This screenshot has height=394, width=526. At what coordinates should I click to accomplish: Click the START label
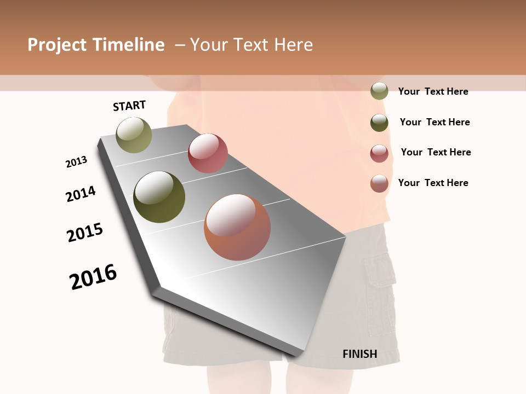pos(129,106)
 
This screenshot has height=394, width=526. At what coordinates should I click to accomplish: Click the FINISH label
pos(360,354)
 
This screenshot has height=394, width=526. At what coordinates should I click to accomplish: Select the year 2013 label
pos(77,162)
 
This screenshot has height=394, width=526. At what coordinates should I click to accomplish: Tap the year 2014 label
pos(81,194)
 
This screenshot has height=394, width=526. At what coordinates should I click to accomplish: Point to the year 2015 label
pos(85,233)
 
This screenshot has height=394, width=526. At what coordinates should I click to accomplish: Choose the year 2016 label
pos(93,276)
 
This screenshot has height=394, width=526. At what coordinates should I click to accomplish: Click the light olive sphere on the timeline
pos(134,135)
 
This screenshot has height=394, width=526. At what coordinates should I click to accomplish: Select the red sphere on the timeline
pos(208,153)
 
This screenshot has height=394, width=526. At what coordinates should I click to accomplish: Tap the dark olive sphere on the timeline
pos(159,197)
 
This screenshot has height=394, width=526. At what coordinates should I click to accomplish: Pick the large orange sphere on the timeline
pos(237,227)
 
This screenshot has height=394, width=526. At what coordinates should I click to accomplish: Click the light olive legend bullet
pos(379,91)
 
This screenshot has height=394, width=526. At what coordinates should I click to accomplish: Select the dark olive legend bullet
pos(379,123)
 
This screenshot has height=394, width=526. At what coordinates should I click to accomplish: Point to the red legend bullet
pos(379,153)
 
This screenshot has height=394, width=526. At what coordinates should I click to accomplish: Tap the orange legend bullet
pos(379,183)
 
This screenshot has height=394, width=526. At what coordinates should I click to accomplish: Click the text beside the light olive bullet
pos(433,91)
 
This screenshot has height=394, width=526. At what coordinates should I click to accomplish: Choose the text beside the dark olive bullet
pos(434,122)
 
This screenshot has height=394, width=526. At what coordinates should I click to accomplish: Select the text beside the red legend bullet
pos(436,152)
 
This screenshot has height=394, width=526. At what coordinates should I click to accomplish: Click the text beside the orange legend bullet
pos(433,183)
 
